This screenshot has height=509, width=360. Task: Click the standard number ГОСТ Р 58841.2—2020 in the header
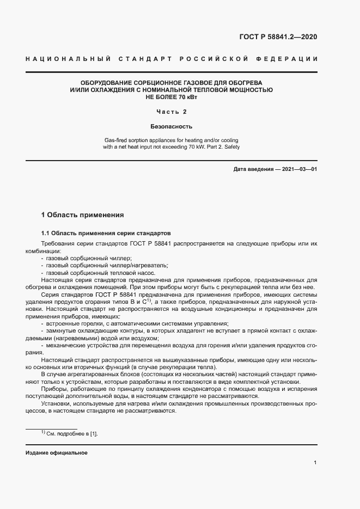click(x=278, y=37)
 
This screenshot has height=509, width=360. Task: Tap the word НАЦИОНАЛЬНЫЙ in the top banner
click(x=68, y=59)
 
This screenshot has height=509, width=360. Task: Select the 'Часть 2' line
click(x=172, y=112)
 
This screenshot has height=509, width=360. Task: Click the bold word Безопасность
click(x=172, y=126)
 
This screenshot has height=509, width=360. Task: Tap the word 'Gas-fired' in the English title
click(x=115, y=140)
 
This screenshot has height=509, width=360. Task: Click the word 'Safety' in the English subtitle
click(x=231, y=147)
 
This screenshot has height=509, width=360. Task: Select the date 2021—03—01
click(x=298, y=169)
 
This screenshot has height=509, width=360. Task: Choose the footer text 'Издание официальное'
click(x=56, y=453)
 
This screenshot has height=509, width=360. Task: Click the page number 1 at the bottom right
click(x=315, y=463)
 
